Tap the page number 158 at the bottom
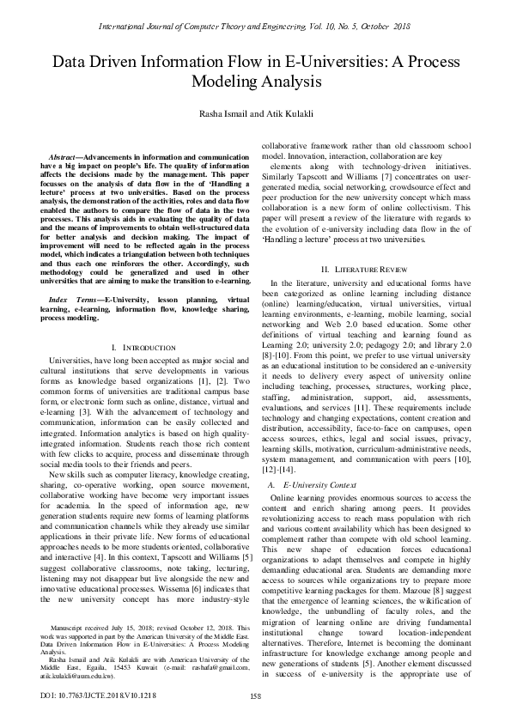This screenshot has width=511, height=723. click(255, 696)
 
